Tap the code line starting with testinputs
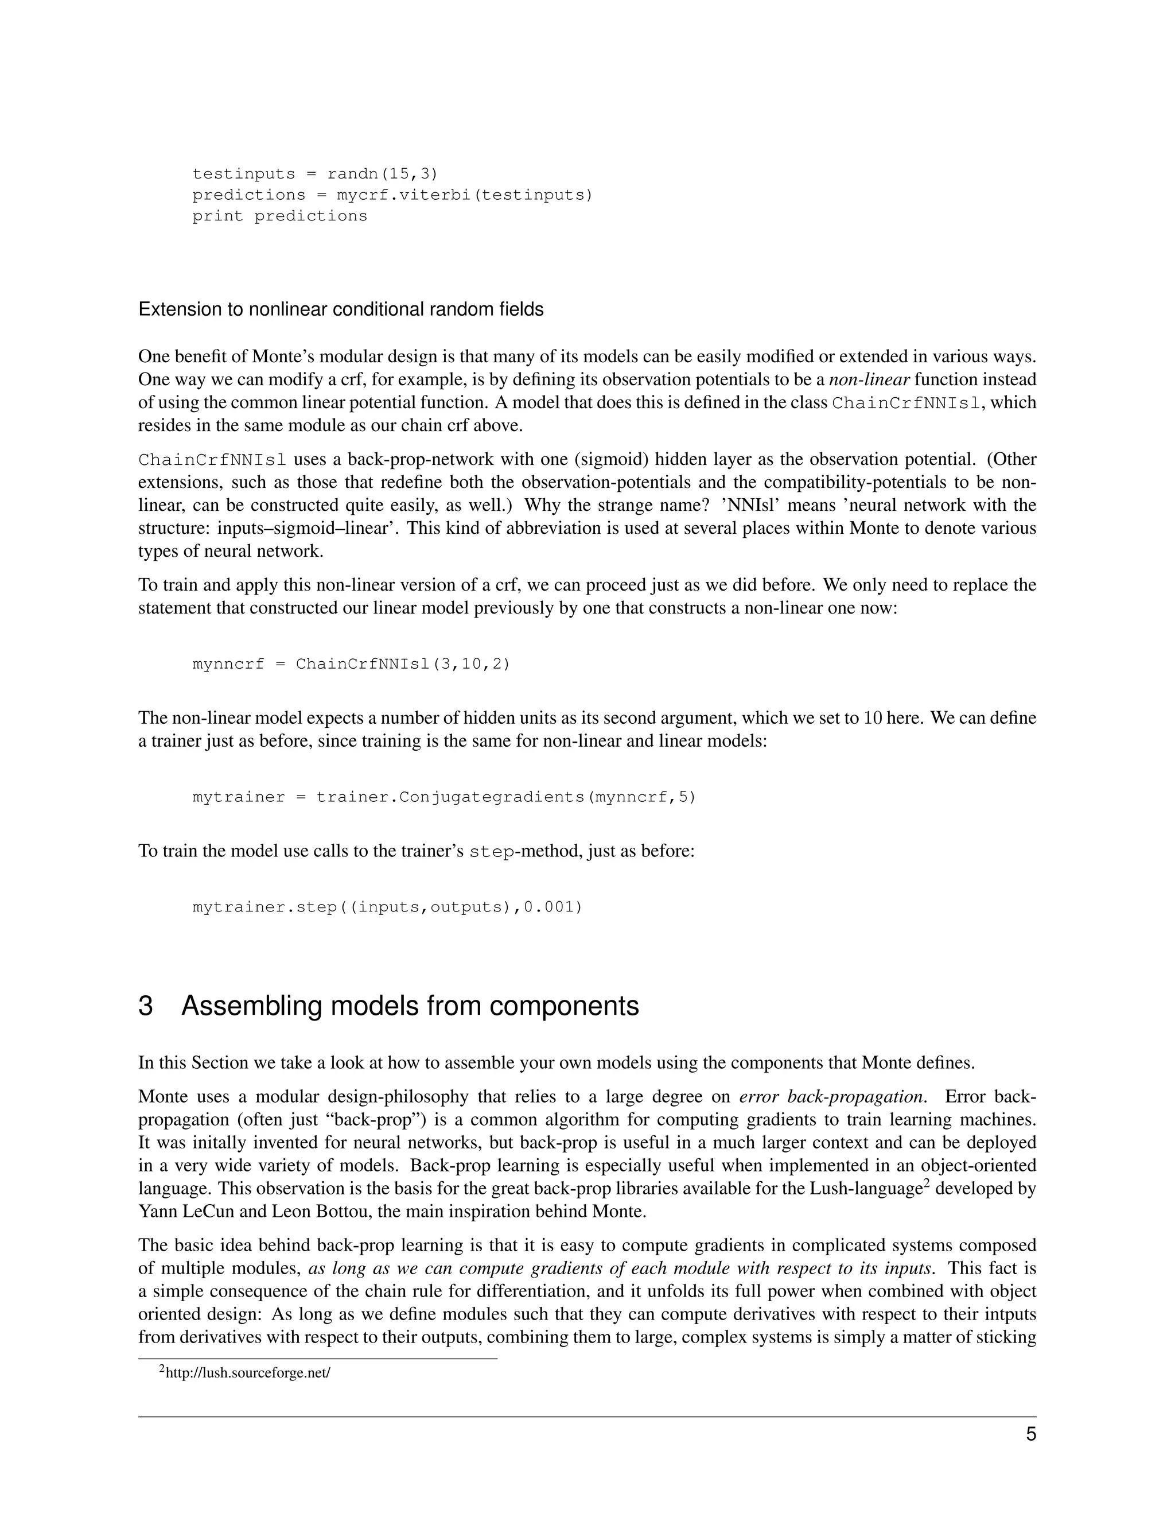click(314, 173)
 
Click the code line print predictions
click(279, 216)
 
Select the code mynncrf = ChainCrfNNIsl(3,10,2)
click(351, 664)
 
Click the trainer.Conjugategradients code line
click(443, 796)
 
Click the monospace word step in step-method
click(492, 852)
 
